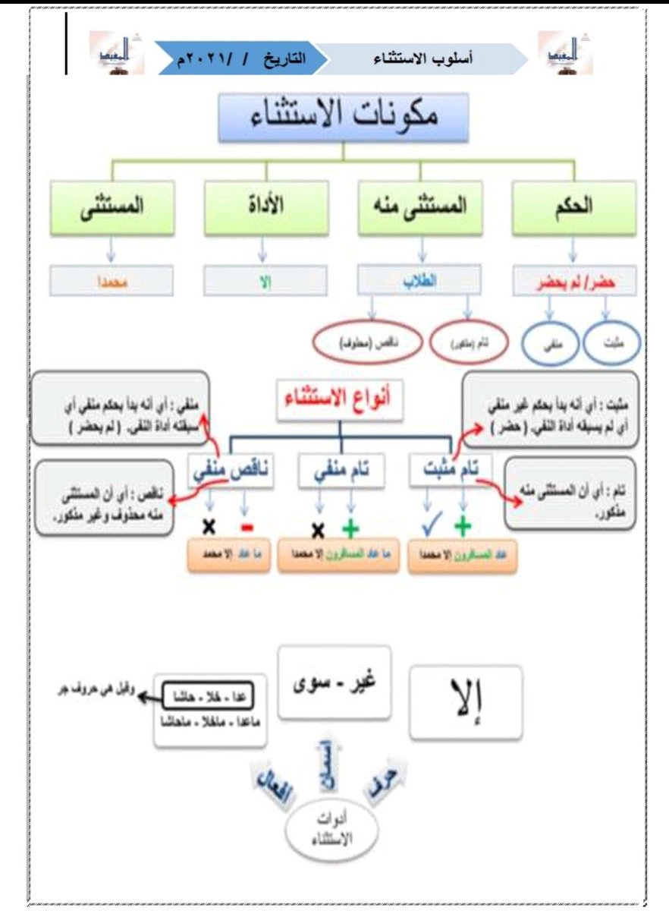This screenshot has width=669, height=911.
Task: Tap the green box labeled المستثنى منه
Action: pyautogui.click(x=421, y=207)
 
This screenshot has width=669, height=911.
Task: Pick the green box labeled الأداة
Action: pyautogui.click(x=264, y=207)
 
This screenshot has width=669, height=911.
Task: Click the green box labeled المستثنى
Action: pyautogui.click(x=112, y=207)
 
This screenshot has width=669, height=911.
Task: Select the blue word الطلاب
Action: pyautogui.click(x=421, y=279)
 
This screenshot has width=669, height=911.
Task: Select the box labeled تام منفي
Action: pyautogui.click(x=341, y=471)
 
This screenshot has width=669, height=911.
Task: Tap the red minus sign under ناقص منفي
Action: pyautogui.click(x=246, y=525)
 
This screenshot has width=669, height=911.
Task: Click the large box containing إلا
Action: pyautogui.click(x=466, y=702)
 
